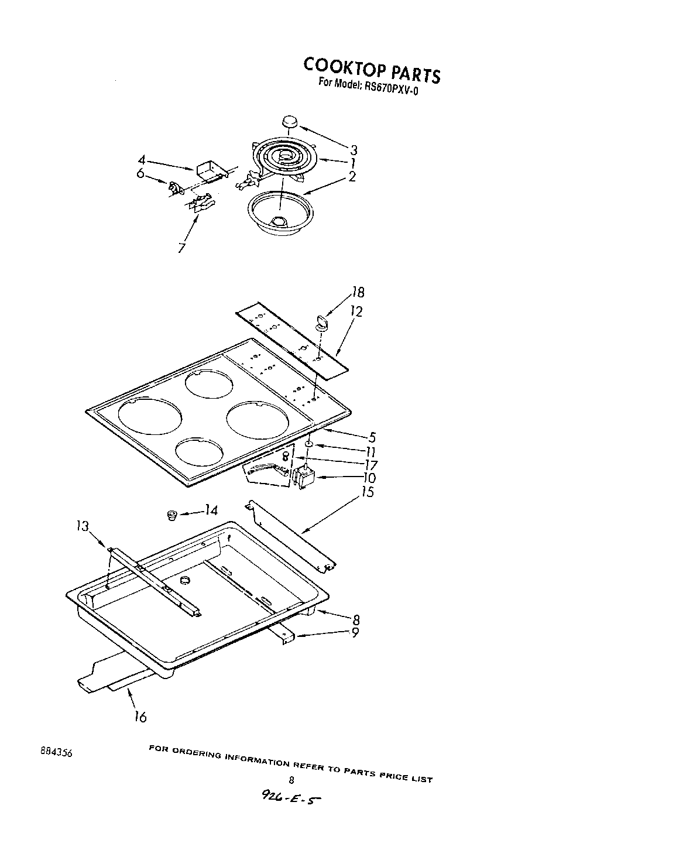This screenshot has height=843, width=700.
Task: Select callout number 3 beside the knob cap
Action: (x=354, y=150)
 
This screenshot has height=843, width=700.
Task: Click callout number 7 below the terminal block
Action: (x=182, y=248)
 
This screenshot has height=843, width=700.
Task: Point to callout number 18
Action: (x=358, y=293)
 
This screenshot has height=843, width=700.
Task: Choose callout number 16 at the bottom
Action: (x=140, y=716)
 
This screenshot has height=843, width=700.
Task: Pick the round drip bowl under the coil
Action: (x=279, y=213)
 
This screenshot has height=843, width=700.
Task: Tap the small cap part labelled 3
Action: (x=289, y=121)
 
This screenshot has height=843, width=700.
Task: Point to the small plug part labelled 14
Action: (x=172, y=515)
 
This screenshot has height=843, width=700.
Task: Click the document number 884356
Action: (x=56, y=753)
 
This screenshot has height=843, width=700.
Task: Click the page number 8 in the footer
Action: (x=291, y=779)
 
